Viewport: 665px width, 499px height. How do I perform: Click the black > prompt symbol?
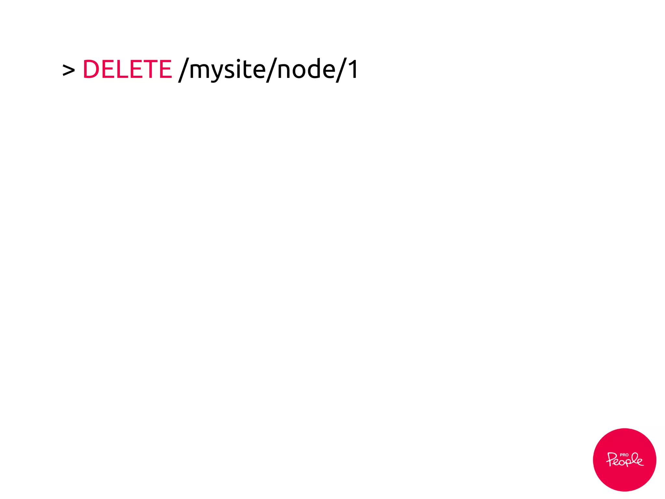[69, 70]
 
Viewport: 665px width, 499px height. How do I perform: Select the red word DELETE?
[127, 69]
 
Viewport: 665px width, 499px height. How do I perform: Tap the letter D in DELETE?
[91, 69]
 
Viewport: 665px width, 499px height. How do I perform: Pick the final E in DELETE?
[164, 69]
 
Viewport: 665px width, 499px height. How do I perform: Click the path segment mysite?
[227, 69]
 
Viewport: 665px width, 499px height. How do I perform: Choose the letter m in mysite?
[199, 71]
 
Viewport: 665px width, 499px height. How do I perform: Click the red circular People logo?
[624, 460]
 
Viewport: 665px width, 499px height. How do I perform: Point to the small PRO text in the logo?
[624, 455]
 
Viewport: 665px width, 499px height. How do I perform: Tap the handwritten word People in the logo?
[624, 461]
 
